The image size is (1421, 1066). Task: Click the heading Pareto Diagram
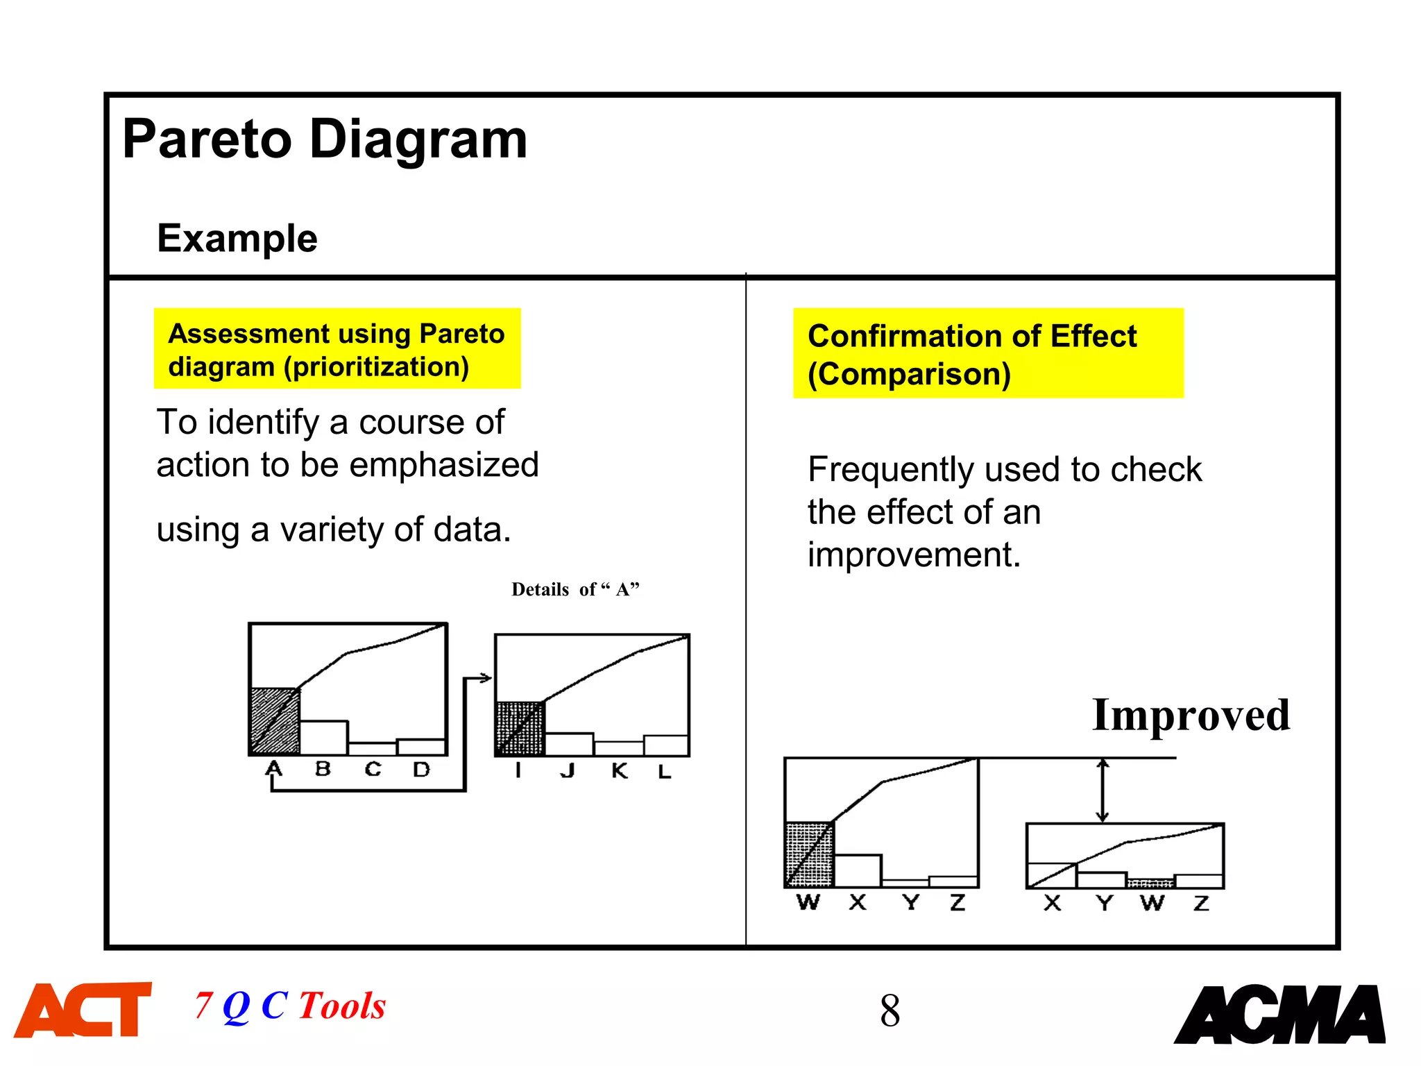325,139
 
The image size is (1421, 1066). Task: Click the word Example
237,239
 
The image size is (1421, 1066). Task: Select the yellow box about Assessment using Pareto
337,349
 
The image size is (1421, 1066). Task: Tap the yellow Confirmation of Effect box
987,353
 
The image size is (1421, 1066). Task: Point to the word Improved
1191,716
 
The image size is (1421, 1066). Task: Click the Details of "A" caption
575,589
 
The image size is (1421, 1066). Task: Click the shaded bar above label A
275,721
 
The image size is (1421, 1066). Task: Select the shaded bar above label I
520,729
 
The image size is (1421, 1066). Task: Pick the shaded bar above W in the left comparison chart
809,854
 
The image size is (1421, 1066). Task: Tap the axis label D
421,769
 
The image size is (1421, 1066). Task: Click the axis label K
620,771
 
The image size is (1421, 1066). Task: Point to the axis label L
665,772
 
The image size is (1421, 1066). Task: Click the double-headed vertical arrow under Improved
1103,790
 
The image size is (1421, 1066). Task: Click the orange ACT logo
83,1010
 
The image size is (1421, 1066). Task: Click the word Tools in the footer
342,1006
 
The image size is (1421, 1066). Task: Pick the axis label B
323,769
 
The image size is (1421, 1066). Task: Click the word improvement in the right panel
914,555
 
